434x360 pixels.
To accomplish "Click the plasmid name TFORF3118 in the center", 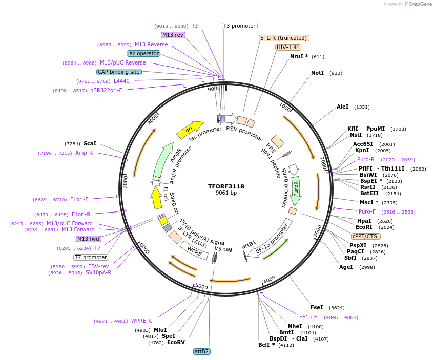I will [x=226, y=186].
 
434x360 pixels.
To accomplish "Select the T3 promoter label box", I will [x=239, y=26].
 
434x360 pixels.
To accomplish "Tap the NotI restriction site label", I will [x=317, y=73].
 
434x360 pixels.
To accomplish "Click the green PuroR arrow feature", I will [x=296, y=188].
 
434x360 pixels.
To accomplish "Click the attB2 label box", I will [x=201, y=351].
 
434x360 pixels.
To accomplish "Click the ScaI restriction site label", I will [x=90, y=144].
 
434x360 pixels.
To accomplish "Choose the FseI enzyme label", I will [x=317, y=307].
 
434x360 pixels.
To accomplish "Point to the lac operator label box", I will [x=143, y=53].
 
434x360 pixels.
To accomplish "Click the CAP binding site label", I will [x=119, y=72].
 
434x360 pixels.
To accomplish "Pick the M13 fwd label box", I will [x=88, y=239].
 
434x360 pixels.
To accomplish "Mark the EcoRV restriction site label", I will [x=176, y=342].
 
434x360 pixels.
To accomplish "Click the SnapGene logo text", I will [x=420, y=4].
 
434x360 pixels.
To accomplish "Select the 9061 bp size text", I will [x=226, y=193].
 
